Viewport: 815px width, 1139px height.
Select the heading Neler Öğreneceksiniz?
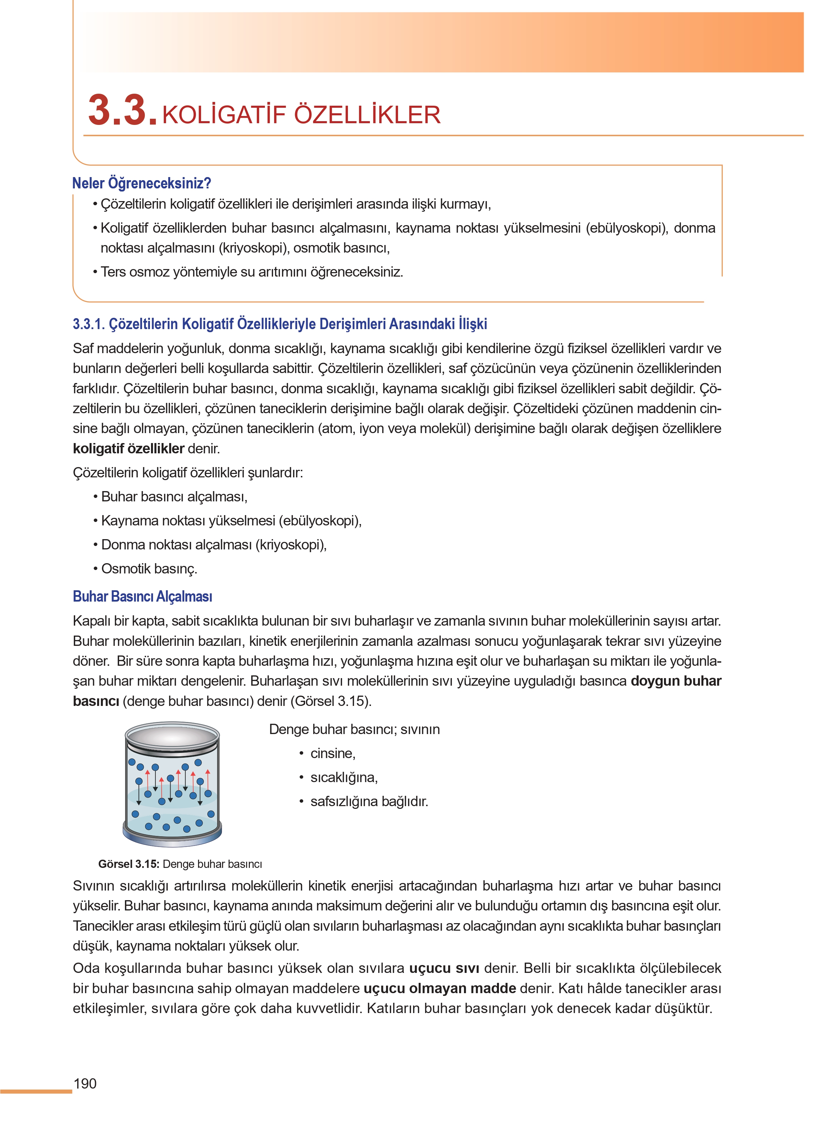click(x=141, y=183)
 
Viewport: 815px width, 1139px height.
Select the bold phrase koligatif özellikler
click(x=128, y=449)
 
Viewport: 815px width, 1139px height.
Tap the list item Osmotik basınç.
click(x=149, y=569)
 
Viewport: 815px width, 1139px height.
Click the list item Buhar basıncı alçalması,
click(x=174, y=497)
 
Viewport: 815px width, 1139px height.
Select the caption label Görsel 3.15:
click(x=129, y=864)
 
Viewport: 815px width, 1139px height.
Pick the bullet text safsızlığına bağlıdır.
click(x=369, y=802)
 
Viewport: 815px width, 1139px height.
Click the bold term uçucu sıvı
click(x=444, y=968)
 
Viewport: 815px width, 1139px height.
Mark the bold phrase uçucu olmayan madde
click(x=440, y=988)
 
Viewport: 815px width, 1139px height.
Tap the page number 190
click(x=85, y=1084)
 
